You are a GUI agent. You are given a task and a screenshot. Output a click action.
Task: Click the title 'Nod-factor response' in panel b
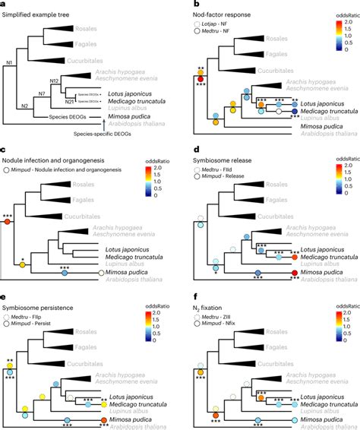click(x=229, y=14)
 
